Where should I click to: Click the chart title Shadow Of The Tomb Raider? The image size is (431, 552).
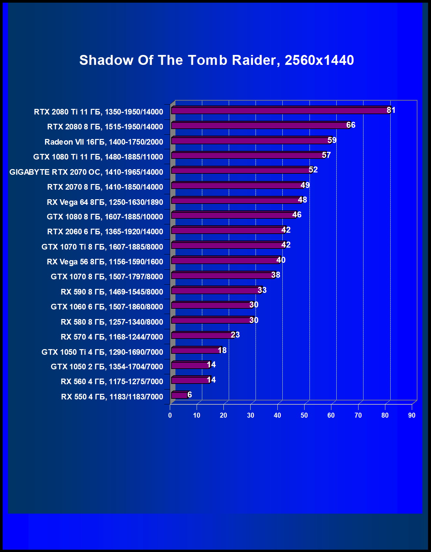tap(216, 60)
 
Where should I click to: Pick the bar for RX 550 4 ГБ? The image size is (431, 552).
tap(179, 395)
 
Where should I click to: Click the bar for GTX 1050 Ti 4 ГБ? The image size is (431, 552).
tap(195, 350)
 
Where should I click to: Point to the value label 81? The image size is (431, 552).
tap(391, 110)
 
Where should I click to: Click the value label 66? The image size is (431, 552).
tap(351, 125)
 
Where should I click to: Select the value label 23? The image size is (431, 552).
tap(235, 335)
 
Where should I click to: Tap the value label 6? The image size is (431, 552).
tap(190, 394)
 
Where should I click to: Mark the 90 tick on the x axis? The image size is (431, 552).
tap(411, 415)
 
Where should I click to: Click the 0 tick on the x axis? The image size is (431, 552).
tap(170, 415)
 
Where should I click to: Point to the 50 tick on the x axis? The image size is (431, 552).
tap(304, 415)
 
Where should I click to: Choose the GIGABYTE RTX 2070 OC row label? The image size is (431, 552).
tap(86, 172)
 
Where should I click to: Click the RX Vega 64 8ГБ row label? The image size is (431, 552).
tap(105, 202)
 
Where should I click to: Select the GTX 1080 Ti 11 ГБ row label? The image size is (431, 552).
tap(98, 157)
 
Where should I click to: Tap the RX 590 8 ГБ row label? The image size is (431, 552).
tap(112, 292)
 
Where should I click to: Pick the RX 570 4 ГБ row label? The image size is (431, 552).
tap(112, 337)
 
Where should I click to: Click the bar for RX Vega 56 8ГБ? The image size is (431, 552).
tap(225, 260)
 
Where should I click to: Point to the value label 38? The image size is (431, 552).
tap(275, 275)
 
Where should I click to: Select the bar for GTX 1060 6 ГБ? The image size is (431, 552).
tap(212, 305)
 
